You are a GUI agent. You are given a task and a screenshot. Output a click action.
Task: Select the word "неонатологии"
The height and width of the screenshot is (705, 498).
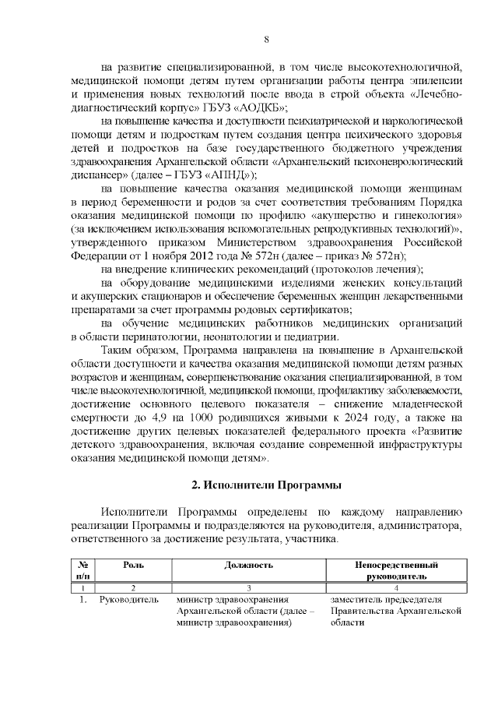pyautogui.click(x=204, y=336)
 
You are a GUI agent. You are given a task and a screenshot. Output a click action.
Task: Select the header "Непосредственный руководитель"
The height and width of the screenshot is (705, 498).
pyautogui.click(x=396, y=570)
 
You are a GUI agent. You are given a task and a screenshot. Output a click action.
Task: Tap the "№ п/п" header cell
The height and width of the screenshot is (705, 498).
pyautogui.click(x=82, y=570)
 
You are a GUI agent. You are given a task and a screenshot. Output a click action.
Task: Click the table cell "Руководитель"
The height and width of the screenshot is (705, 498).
pyautogui.click(x=129, y=600)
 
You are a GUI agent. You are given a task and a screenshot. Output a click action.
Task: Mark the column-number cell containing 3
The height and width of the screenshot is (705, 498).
pyautogui.click(x=249, y=587)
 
